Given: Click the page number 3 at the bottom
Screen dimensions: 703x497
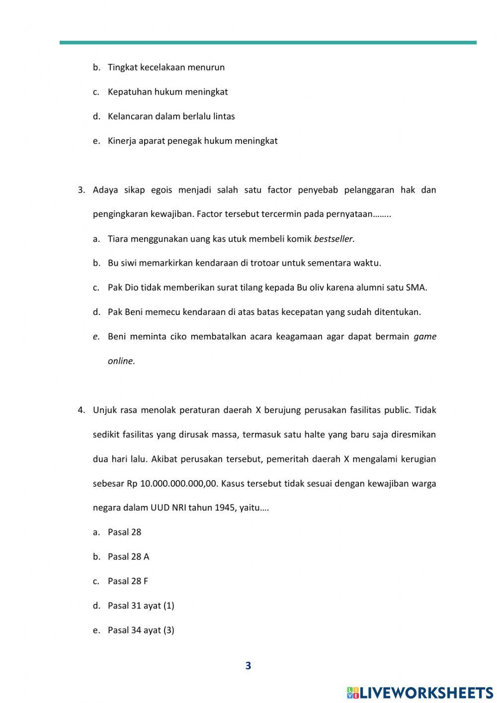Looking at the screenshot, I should tap(248, 666).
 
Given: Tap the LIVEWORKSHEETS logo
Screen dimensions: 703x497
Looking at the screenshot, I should tap(420, 692).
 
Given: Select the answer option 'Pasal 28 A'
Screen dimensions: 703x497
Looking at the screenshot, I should tap(128, 557).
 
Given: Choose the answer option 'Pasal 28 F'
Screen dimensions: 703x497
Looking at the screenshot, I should tap(128, 581).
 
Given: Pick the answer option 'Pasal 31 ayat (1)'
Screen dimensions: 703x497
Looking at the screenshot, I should tap(141, 605).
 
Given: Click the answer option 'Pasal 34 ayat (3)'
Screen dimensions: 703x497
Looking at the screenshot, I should tap(141, 630).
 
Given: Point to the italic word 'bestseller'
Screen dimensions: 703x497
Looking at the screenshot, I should tap(334, 239).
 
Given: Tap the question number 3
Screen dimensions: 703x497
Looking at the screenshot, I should tap(81, 190).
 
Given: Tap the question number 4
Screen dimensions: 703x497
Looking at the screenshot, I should tap(81, 410).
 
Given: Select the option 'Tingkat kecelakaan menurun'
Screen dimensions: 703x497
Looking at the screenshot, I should tap(166, 67).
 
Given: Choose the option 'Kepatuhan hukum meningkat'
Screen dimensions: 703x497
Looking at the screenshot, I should tap(167, 92).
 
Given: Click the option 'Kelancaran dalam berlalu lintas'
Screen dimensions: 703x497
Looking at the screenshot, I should tap(171, 116).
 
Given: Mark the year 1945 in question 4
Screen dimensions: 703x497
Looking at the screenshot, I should tap(225, 508).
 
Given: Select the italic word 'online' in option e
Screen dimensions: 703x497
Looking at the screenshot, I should tap(121, 361).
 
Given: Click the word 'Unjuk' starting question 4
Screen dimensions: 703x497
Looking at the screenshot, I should tap(103, 410).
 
